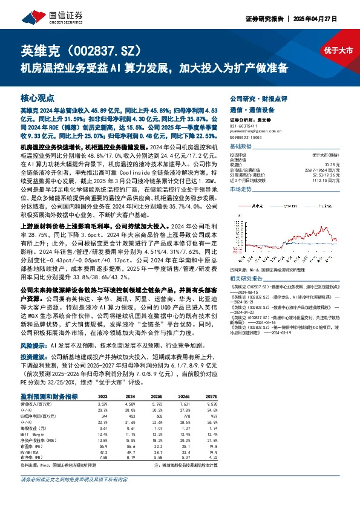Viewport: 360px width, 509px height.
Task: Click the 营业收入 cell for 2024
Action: (131, 403)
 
